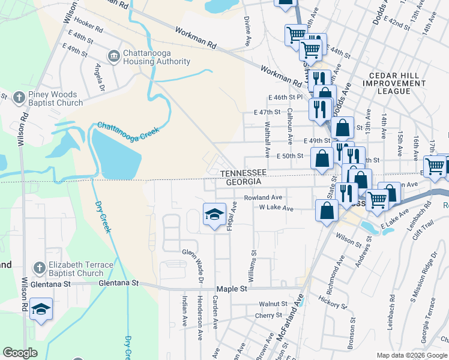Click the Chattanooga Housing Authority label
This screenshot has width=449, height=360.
point(157,57)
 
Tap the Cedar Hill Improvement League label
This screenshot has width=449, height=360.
point(394,82)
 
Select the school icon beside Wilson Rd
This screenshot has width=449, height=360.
point(40,309)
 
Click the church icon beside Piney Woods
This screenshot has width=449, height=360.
point(19,97)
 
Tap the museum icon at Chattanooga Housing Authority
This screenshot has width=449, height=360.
point(113,56)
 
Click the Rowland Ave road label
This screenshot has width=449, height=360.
point(262,197)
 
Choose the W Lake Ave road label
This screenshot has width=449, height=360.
point(276,208)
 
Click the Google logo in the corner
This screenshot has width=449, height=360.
point(20,353)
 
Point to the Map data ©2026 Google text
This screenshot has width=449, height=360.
point(412,355)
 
